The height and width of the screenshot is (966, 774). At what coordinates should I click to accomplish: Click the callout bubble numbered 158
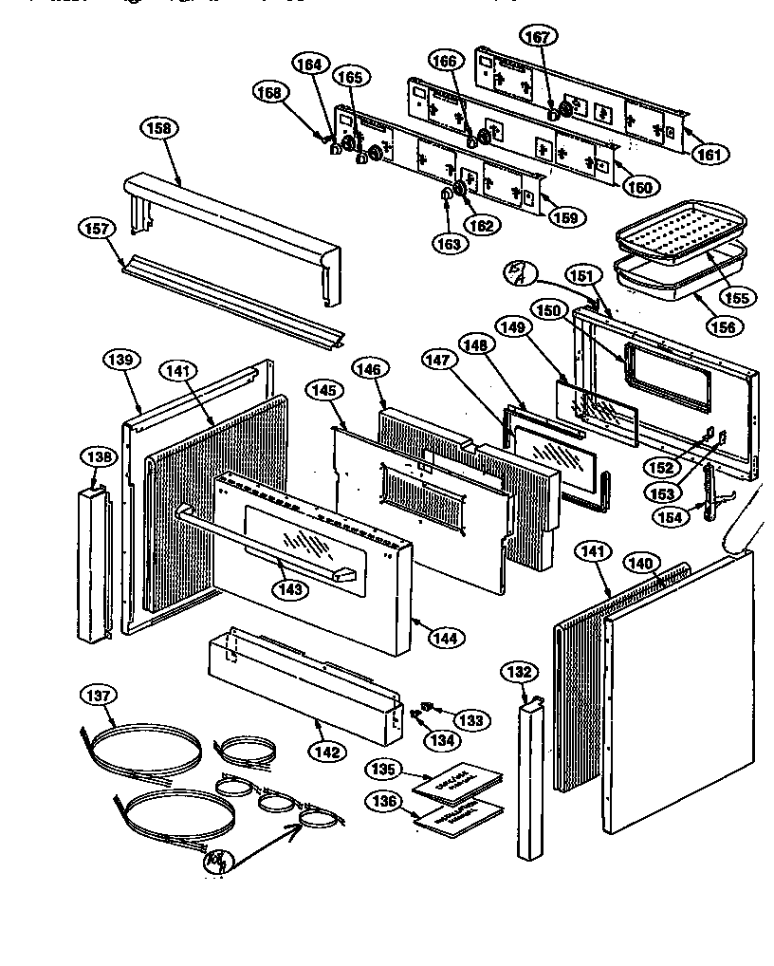click(159, 127)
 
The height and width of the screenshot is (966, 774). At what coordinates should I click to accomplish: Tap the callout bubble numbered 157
click(101, 229)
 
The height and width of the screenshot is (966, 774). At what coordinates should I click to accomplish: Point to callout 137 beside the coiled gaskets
click(99, 696)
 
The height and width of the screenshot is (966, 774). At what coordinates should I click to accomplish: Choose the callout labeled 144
click(443, 638)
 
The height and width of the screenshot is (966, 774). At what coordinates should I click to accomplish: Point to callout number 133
click(471, 720)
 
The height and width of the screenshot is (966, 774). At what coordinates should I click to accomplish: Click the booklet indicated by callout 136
click(459, 816)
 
